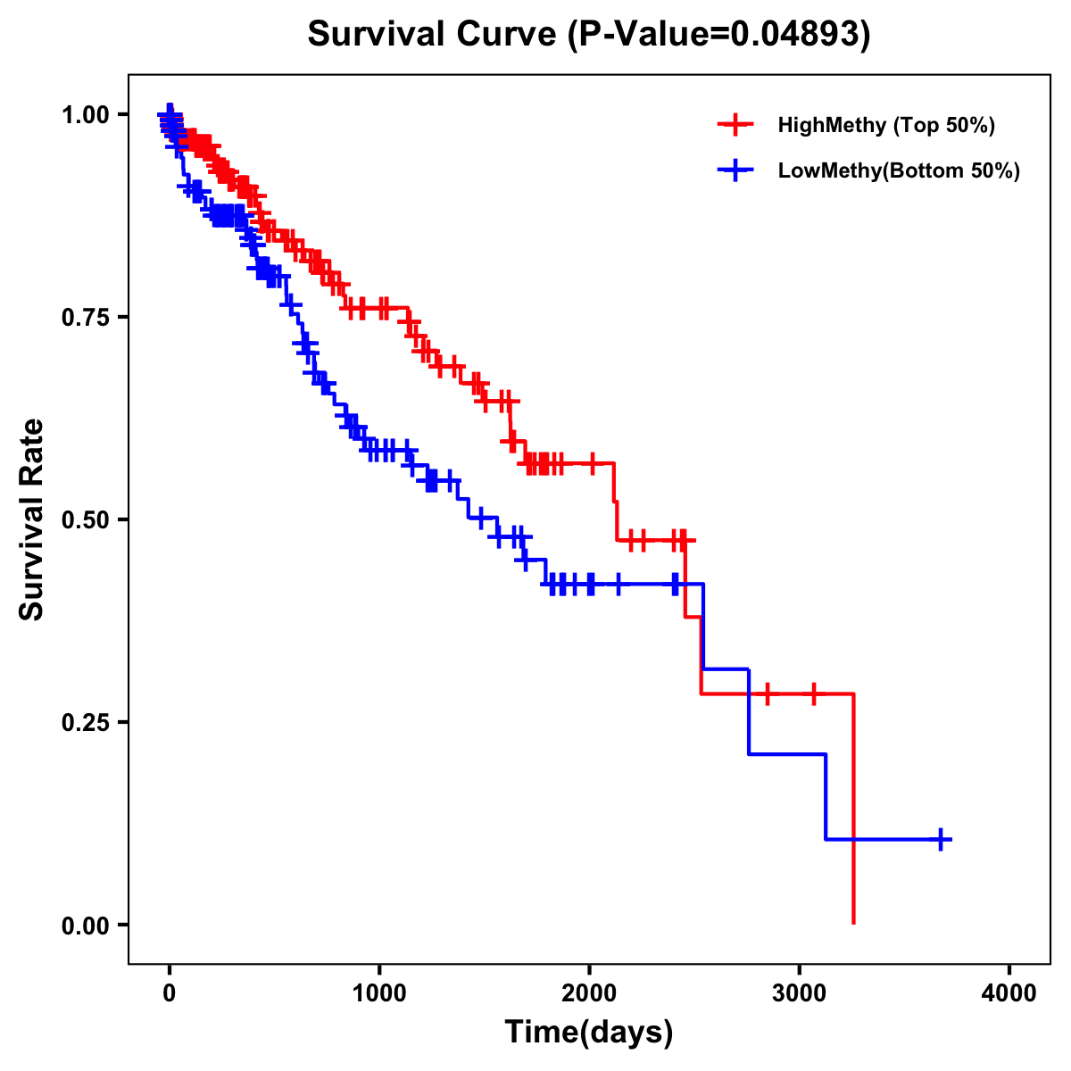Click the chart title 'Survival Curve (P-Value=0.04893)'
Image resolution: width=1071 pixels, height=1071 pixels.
coord(588,34)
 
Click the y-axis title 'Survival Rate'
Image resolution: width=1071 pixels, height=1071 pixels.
coord(32,519)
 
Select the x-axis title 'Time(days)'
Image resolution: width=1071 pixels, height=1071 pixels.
coord(589,1032)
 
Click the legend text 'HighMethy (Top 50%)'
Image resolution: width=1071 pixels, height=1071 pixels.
coord(886,125)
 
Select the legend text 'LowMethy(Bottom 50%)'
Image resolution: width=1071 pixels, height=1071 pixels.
coord(899,170)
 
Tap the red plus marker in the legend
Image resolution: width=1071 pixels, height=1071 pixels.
coord(735,125)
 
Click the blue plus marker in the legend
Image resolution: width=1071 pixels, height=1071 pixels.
coord(735,170)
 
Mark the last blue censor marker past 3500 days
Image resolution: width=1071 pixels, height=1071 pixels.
coord(941,839)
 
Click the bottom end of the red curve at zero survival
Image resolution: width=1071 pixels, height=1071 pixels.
coord(854,922)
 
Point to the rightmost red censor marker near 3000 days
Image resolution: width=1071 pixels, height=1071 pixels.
coord(814,693)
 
